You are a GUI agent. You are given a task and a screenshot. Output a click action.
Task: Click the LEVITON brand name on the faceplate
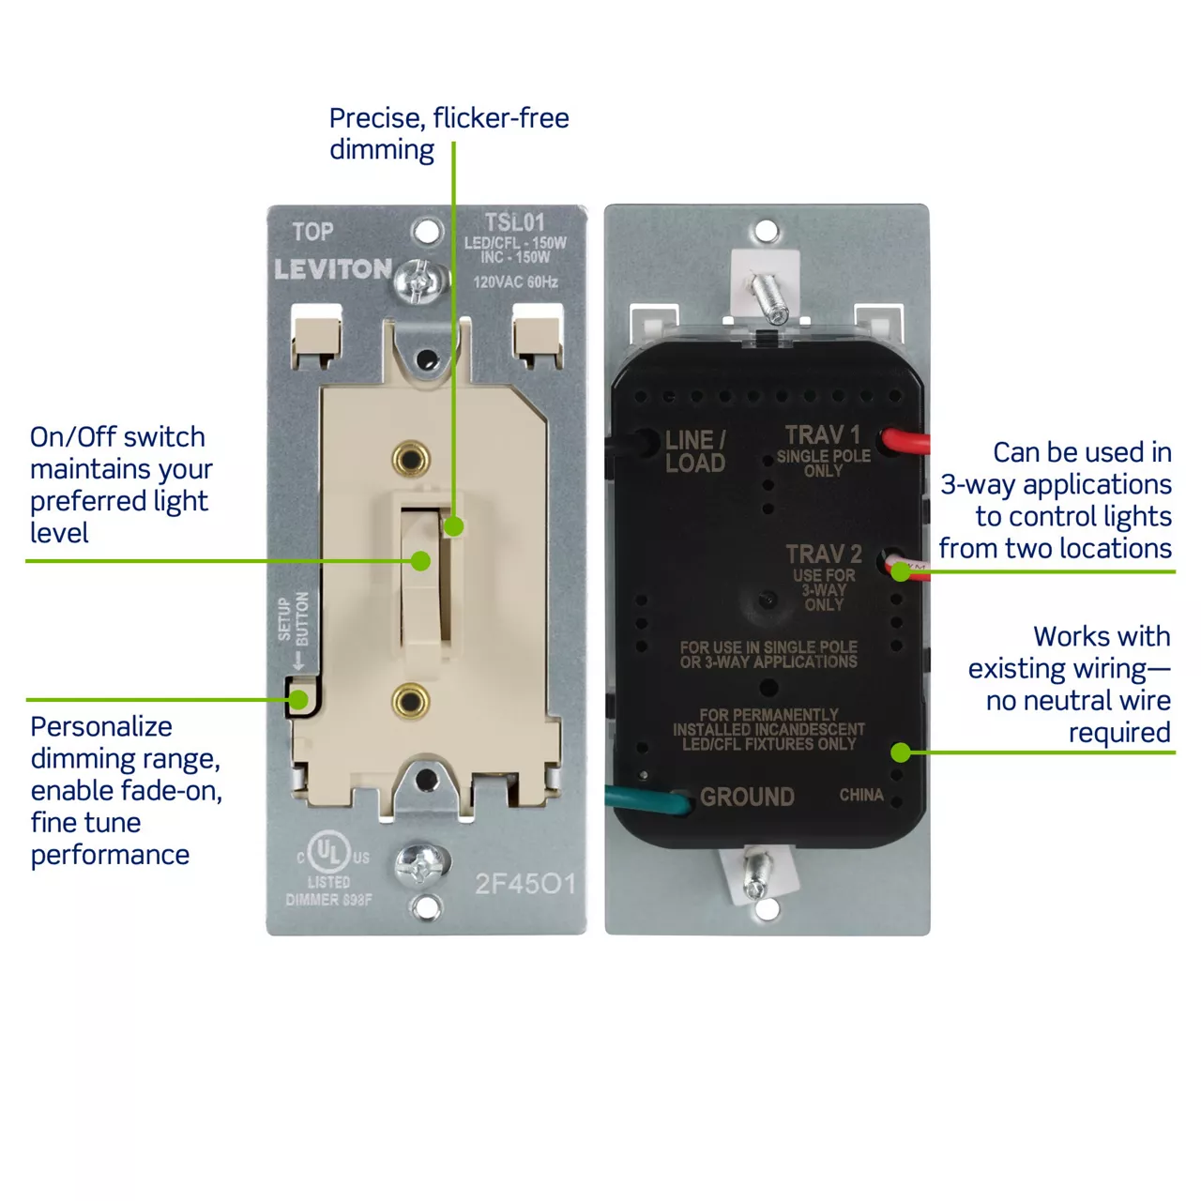coord(333,269)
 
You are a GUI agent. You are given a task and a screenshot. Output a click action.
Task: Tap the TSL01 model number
coord(514,222)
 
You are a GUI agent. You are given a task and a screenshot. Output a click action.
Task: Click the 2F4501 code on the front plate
coord(524,884)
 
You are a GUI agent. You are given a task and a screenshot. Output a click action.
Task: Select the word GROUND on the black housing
coord(747,797)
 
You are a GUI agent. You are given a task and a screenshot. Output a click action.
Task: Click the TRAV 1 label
coord(823,434)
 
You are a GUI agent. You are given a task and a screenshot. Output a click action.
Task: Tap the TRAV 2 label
coord(824,554)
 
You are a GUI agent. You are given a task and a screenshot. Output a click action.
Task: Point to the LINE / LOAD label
coord(695,451)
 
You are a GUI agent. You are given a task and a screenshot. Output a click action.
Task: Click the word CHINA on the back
coord(861,795)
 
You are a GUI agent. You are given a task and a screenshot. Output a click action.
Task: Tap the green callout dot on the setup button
coord(298,700)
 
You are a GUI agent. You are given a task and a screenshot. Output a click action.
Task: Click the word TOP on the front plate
coord(312,232)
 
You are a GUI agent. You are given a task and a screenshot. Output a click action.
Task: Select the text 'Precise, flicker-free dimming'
coord(448,133)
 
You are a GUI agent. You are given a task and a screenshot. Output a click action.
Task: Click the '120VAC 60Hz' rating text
coord(515,281)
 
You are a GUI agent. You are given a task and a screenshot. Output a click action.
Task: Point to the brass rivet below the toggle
coord(410,701)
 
